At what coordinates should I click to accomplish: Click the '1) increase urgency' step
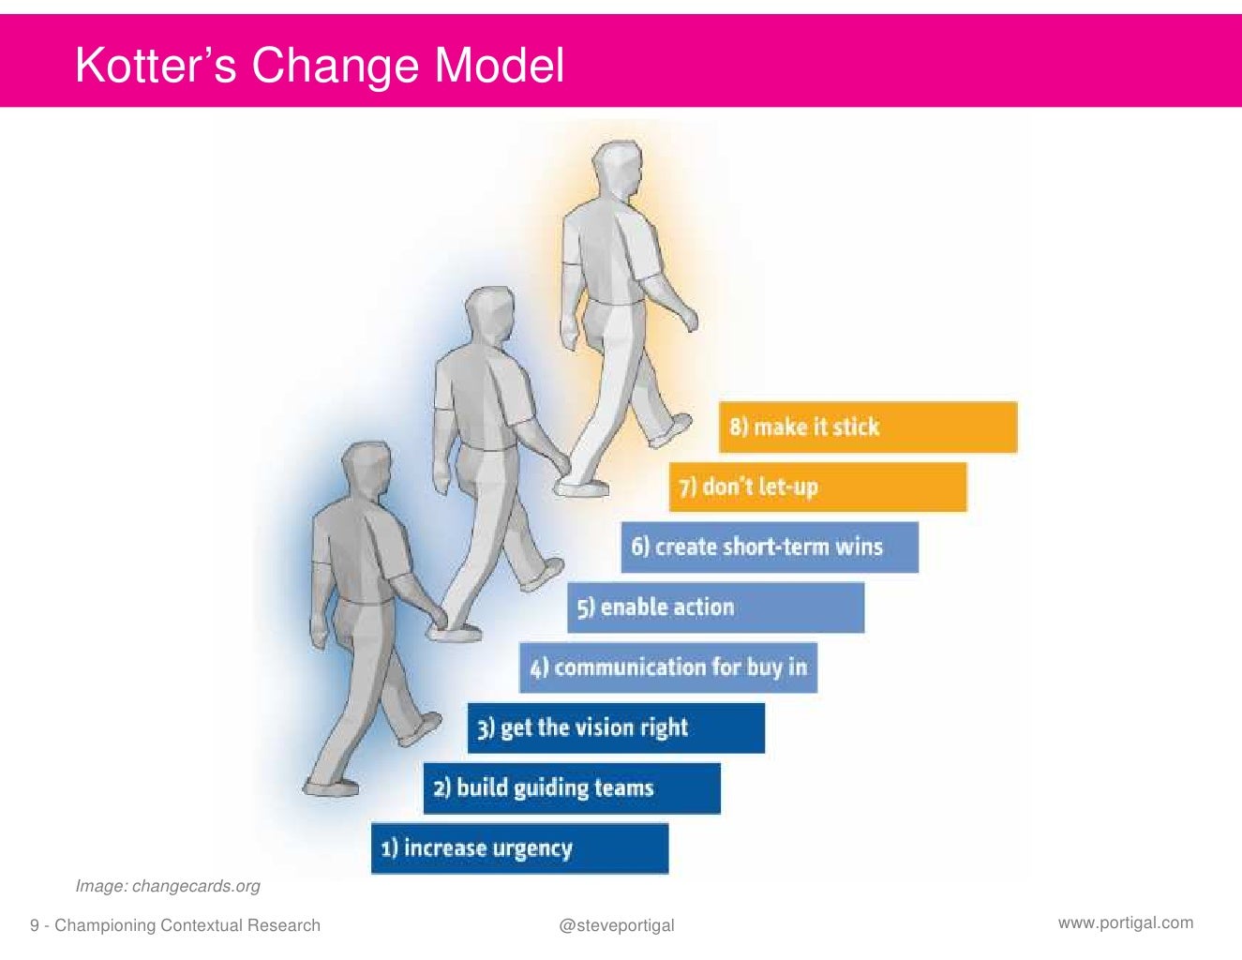pyautogui.click(x=519, y=848)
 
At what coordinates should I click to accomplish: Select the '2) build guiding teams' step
pyautogui.click(x=571, y=787)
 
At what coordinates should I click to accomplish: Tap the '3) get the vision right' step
pyautogui.click(x=616, y=727)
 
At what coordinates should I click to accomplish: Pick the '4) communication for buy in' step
pyautogui.click(x=667, y=667)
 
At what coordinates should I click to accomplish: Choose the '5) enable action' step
pyautogui.click(x=715, y=607)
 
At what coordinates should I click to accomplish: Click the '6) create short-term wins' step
pyautogui.click(x=769, y=547)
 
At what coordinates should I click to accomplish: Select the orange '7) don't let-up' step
pyautogui.click(x=817, y=487)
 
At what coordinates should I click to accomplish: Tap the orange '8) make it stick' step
pyautogui.click(x=867, y=427)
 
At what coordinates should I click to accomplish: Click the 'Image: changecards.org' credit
pyautogui.click(x=168, y=886)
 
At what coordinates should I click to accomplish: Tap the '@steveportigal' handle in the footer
pyautogui.click(x=616, y=925)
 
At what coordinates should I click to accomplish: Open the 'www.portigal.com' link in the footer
pyautogui.click(x=1126, y=922)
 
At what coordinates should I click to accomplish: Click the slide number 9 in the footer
pyautogui.click(x=35, y=926)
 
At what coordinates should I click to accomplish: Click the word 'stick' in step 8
pyautogui.click(x=856, y=427)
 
